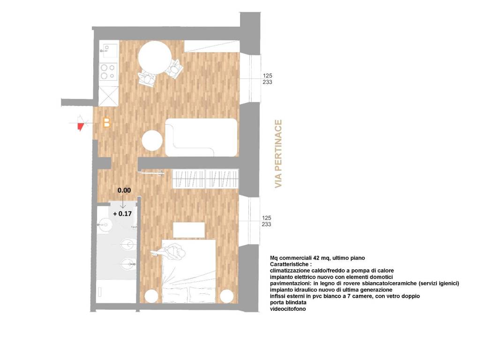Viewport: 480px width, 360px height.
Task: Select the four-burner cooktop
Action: (108, 71)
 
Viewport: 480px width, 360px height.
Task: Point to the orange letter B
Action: (106, 123)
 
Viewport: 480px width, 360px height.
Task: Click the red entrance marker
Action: (81, 125)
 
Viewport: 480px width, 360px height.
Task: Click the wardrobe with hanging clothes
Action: (206, 179)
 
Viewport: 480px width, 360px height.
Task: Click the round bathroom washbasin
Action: (105, 225)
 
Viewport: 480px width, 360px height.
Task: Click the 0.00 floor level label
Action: (124, 191)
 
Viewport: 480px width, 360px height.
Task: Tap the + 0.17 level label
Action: (122, 213)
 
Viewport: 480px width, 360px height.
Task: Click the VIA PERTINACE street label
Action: (278, 154)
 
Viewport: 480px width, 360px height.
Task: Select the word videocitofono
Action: (288, 309)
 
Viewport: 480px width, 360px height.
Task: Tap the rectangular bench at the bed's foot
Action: (189, 230)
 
